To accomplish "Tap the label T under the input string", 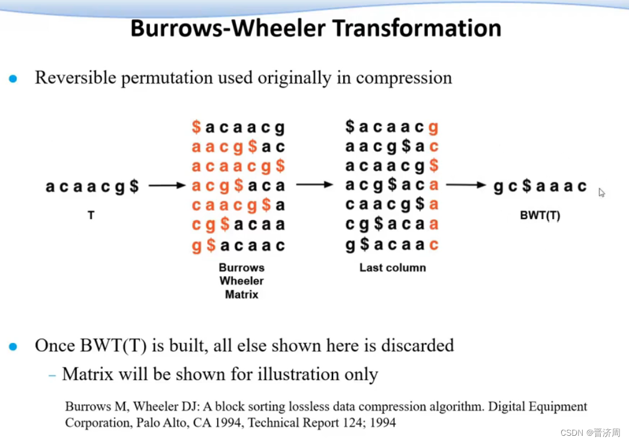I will coord(91,214).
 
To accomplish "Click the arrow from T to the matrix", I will coord(167,186).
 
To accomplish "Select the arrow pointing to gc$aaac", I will coord(466,186).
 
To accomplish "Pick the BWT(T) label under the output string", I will coord(540,215).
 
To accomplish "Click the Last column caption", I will coord(393,268).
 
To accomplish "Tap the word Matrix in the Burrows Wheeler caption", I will coord(241,294).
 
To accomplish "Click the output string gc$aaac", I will coord(540,186).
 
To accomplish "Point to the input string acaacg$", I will coord(92,187).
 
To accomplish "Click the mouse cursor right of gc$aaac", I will coord(601,192).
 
